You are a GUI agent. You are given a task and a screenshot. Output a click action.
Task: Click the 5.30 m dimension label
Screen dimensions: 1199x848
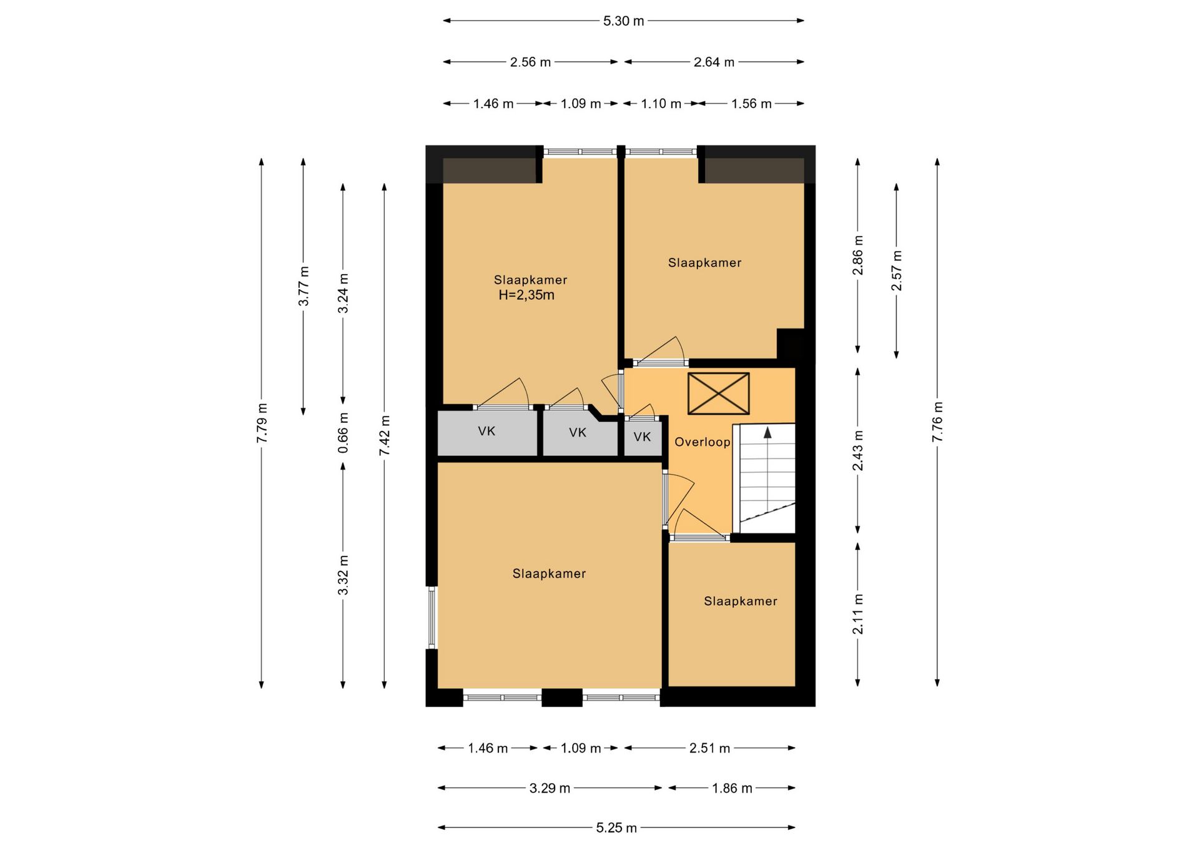[x=623, y=21]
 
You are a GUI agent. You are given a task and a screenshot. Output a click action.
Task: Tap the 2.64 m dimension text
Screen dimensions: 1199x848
[x=714, y=62]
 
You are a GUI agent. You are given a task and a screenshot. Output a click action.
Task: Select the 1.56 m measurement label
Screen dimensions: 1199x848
[x=751, y=104]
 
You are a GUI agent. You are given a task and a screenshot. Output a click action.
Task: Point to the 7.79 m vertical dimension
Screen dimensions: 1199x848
[x=262, y=423]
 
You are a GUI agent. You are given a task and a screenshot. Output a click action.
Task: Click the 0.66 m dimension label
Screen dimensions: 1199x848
[x=343, y=433]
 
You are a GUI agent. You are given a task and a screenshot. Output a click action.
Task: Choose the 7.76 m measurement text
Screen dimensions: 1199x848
[x=937, y=422]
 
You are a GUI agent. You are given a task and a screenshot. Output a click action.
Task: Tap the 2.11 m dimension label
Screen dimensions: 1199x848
[x=858, y=614]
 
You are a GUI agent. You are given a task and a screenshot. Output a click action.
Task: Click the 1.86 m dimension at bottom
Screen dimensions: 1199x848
[x=732, y=789]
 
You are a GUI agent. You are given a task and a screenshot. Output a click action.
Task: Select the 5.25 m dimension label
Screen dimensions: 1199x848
[x=616, y=828]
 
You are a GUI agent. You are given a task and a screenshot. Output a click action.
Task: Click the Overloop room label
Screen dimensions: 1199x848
[x=703, y=442]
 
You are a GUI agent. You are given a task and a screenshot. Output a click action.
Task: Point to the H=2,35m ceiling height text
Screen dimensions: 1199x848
[x=526, y=295]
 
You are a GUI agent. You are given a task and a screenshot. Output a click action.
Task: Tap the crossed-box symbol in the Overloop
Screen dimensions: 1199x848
[x=718, y=393]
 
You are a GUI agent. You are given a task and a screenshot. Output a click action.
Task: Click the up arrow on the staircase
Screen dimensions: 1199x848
[x=767, y=432]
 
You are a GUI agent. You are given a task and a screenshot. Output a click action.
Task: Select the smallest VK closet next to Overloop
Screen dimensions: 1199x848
[x=643, y=437]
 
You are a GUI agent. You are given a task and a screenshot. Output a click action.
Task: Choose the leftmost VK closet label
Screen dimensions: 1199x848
[x=486, y=431]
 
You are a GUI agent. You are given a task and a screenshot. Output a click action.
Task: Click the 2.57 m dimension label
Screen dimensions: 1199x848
[x=897, y=270]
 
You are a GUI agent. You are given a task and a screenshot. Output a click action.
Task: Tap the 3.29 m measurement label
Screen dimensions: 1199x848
[x=550, y=789]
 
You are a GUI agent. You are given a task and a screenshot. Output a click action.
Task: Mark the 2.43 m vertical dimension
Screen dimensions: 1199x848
[x=858, y=450]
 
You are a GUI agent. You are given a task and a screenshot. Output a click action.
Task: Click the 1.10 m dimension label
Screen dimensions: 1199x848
[x=661, y=104]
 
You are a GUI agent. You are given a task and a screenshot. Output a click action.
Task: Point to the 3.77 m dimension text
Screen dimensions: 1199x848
[x=303, y=286]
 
